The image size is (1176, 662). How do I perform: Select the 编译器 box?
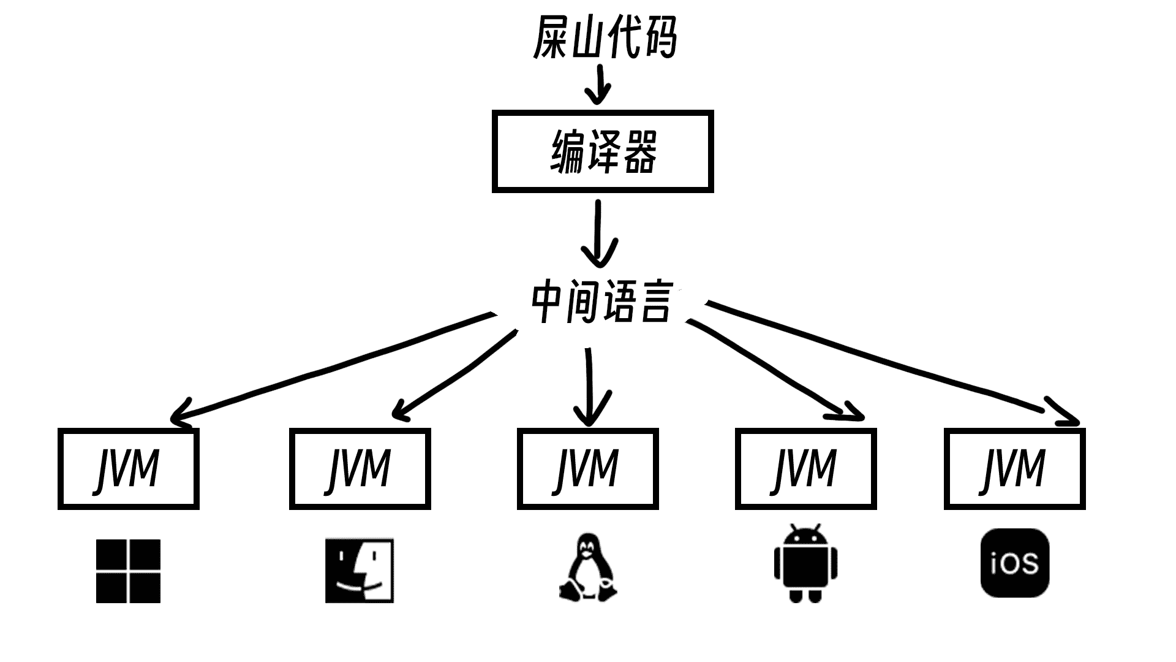coord(603,151)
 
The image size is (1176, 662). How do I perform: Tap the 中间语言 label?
coord(603,302)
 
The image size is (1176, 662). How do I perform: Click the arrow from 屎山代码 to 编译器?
coord(598,86)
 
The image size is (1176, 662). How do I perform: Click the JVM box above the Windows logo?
coord(129,469)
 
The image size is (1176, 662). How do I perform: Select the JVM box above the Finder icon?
coord(360,469)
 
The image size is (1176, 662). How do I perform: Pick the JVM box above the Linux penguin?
coord(588,469)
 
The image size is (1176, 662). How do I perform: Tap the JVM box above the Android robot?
coord(805,469)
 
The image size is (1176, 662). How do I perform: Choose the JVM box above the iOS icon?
coord(1014,469)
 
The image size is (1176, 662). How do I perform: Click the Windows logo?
coord(128,571)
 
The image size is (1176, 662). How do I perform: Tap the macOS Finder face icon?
coord(360,571)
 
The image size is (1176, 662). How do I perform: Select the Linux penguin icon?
coord(588,568)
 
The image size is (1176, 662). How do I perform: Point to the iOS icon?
coord(1015,563)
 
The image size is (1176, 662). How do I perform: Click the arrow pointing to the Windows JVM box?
coord(331,368)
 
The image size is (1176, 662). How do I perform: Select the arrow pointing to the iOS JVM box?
coord(888,362)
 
